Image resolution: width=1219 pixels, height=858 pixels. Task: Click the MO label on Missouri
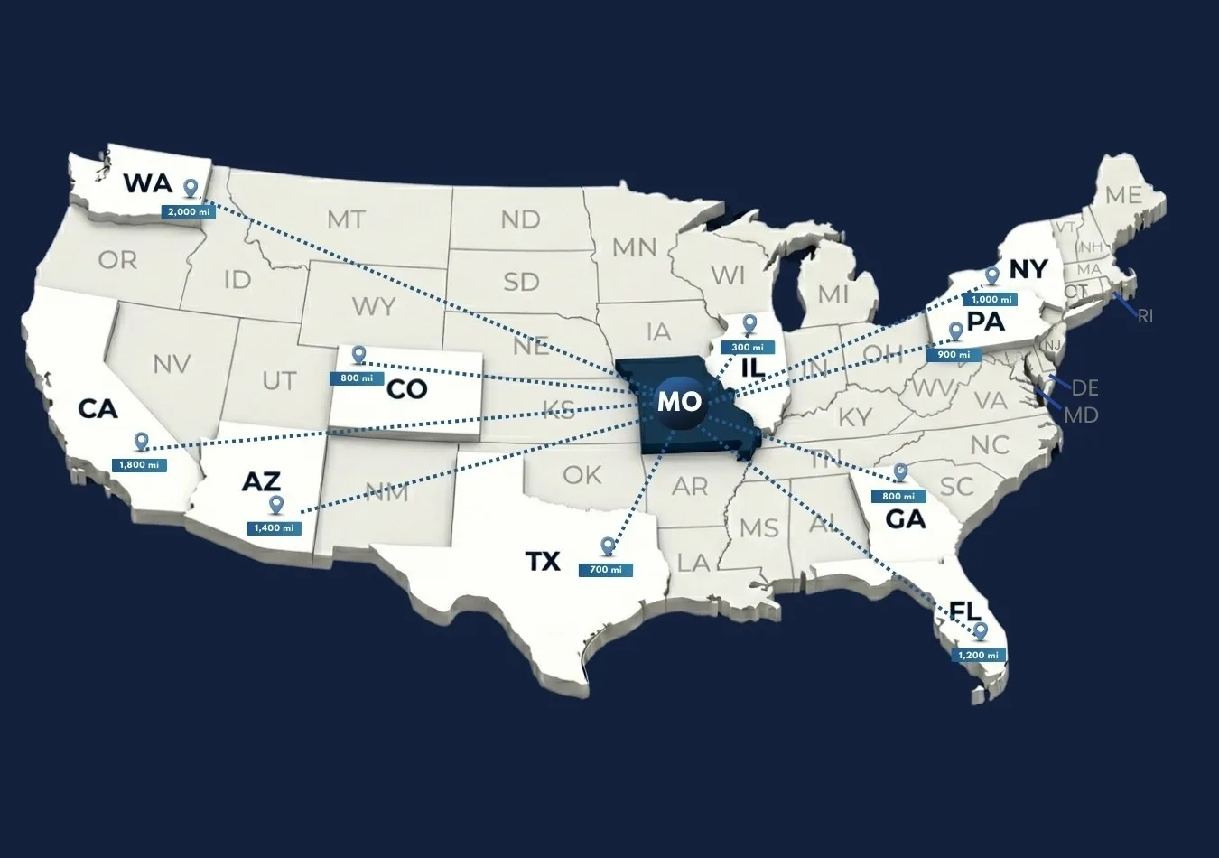coord(679,401)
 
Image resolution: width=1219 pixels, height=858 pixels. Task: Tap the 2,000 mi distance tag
coord(188,211)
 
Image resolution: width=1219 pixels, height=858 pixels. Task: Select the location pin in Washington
coord(191,188)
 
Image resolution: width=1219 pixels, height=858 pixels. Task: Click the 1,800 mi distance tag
coord(139,465)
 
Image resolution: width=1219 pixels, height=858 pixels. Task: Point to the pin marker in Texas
coord(608,546)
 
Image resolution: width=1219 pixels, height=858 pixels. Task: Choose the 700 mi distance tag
coord(605,570)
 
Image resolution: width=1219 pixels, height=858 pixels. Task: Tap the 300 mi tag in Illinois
coord(747,348)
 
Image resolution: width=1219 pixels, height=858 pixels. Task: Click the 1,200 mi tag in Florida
coord(979,655)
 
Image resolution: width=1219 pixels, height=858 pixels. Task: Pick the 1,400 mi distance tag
coord(274,527)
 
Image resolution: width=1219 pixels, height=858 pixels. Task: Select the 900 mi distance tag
coord(953,355)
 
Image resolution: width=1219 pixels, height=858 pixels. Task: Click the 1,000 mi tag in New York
coord(991,299)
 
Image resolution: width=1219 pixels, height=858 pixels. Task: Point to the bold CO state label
coord(405,389)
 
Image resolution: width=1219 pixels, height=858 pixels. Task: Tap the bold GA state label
coord(905,519)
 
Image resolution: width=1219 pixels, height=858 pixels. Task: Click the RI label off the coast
coord(1145,316)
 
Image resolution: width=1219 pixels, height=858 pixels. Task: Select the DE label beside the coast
coord(1084,387)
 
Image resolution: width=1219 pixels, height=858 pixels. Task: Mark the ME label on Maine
coord(1123,195)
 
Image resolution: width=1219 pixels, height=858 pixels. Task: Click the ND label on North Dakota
coord(520,219)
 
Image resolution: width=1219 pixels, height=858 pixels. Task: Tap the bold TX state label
coord(543,562)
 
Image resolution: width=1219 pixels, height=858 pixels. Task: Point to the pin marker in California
coord(141,441)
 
